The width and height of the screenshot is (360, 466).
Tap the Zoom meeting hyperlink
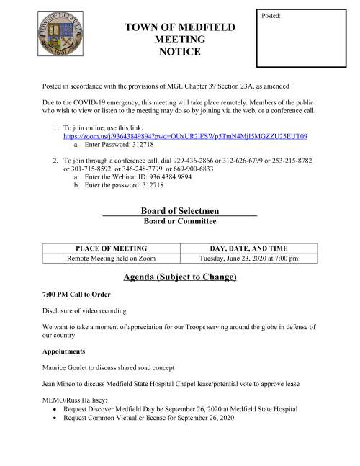[186, 135]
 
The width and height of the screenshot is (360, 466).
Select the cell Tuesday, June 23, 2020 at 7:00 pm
[248, 258]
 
